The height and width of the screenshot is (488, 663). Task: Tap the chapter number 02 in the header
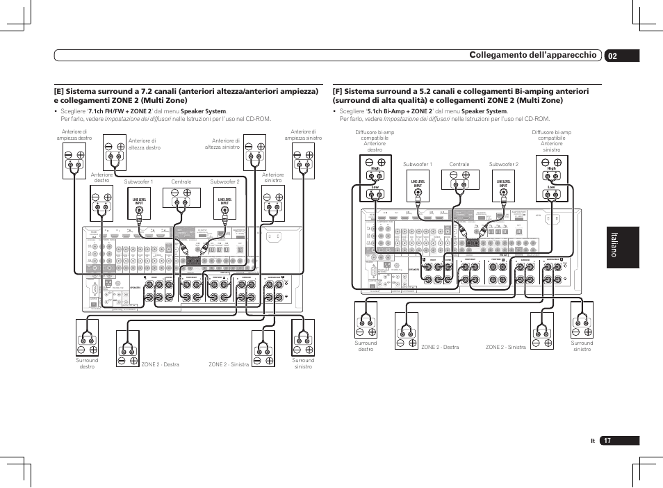(x=611, y=56)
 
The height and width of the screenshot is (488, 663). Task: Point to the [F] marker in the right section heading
(x=338, y=91)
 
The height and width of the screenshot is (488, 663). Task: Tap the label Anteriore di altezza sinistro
(x=222, y=144)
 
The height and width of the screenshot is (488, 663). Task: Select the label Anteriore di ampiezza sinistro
(x=303, y=135)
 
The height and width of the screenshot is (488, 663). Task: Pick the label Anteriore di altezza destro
(x=145, y=144)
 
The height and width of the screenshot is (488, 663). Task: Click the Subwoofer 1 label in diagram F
(x=418, y=165)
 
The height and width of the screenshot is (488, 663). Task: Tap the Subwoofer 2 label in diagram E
(x=224, y=182)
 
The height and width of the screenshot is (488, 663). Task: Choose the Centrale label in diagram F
(x=459, y=165)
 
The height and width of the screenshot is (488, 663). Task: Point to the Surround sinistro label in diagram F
(x=582, y=345)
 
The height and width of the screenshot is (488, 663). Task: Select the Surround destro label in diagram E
(x=87, y=363)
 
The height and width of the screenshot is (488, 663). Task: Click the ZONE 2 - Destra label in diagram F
(x=440, y=347)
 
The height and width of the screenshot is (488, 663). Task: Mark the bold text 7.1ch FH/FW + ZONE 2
(x=118, y=111)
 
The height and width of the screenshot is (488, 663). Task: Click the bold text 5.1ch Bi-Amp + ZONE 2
(x=399, y=111)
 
